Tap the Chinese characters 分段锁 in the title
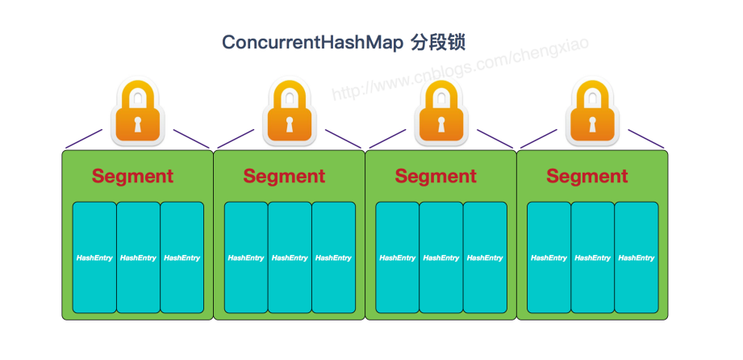tap(437, 42)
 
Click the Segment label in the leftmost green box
tap(132, 176)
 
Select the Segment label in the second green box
tap(284, 176)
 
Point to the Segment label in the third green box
tap(436, 176)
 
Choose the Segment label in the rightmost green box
tap(587, 176)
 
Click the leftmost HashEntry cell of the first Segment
tap(94, 257)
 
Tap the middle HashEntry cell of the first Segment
tap(138, 257)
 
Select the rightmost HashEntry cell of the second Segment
tap(333, 257)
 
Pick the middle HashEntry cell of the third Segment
tap(441, 257)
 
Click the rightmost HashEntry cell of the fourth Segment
tap(637, 257)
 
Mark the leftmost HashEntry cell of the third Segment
tap(398, 257)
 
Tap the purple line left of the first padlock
tap(84, 139)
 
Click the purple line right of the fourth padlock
tap(646, 139)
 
